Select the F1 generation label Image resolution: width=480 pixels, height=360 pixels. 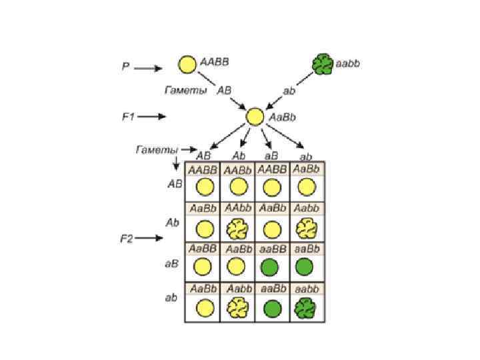(x=128, y=116)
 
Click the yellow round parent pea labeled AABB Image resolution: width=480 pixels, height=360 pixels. (x=187, y=64)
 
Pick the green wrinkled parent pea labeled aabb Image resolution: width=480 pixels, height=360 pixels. (x=323, y=64)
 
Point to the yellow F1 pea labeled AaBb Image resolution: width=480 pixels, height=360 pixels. (x=255, y=117)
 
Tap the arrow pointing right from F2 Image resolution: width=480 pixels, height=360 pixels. (x=152, y=239)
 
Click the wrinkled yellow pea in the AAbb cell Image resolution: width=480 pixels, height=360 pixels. (x=237, y=229)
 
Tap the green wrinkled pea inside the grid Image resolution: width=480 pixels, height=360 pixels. (x=305, y=308)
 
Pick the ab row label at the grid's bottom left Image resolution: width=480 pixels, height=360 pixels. (x=171, y=297)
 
